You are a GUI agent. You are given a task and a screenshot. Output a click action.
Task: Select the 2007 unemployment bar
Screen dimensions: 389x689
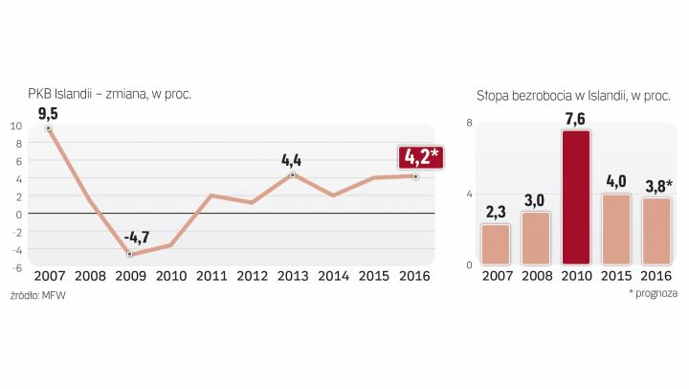pos(496,244)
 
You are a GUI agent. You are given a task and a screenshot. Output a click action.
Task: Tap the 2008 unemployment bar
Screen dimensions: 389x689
pos(536,238)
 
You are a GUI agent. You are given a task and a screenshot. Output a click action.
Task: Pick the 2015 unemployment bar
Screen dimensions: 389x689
pos(616,229)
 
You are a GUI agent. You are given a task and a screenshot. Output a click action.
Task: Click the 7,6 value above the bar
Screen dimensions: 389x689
pos(576,118)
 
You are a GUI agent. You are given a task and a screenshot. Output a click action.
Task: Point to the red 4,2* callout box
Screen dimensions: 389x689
pos(421,156)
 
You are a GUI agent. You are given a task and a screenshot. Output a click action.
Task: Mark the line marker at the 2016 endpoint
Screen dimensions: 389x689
pos(414,175)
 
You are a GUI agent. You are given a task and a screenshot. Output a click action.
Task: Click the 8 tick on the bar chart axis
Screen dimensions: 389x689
pos(468,123)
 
